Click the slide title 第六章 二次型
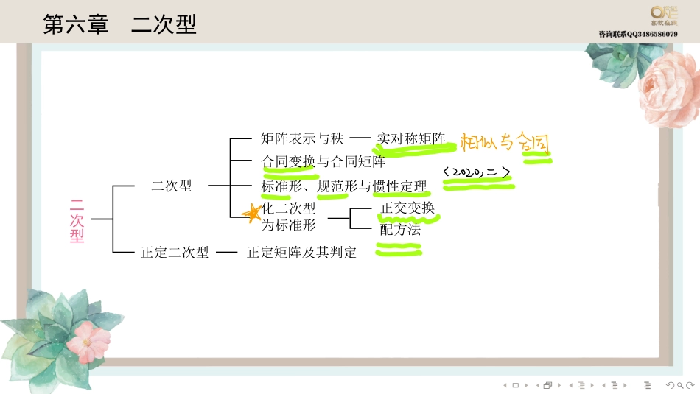(119, 25)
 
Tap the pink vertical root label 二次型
(77, 219)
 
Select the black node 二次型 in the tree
(171, 186)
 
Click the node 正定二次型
(175, 253)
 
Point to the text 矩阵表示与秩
(302, 138)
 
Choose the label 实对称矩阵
(410, 138)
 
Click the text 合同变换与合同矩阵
(323, 161)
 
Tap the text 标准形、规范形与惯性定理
(343, 186)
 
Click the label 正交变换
(407, 208)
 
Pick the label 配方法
(400, 230)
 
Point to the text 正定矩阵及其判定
(301, 253)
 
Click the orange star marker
(252, 213)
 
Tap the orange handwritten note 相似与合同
(505, 141)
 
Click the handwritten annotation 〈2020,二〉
(477, 172)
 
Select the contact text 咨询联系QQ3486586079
(638, 35)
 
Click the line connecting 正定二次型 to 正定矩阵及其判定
(227, 253)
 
